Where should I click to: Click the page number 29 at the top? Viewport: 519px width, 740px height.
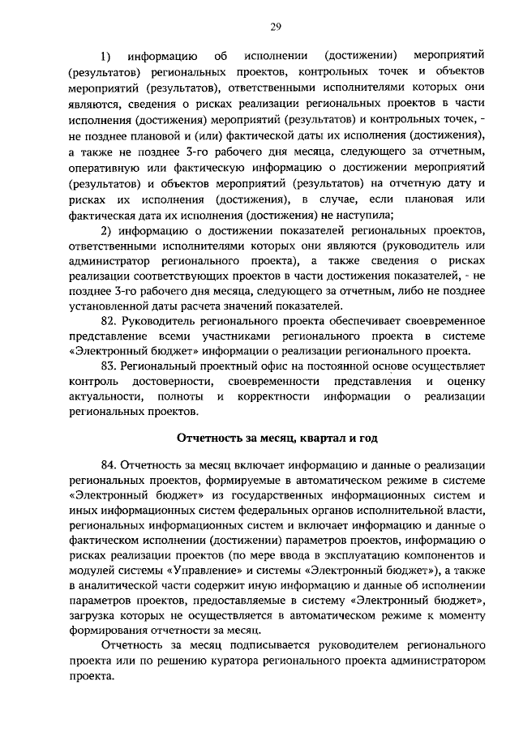(275, 27)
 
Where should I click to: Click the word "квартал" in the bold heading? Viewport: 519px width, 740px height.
(303, 438)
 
